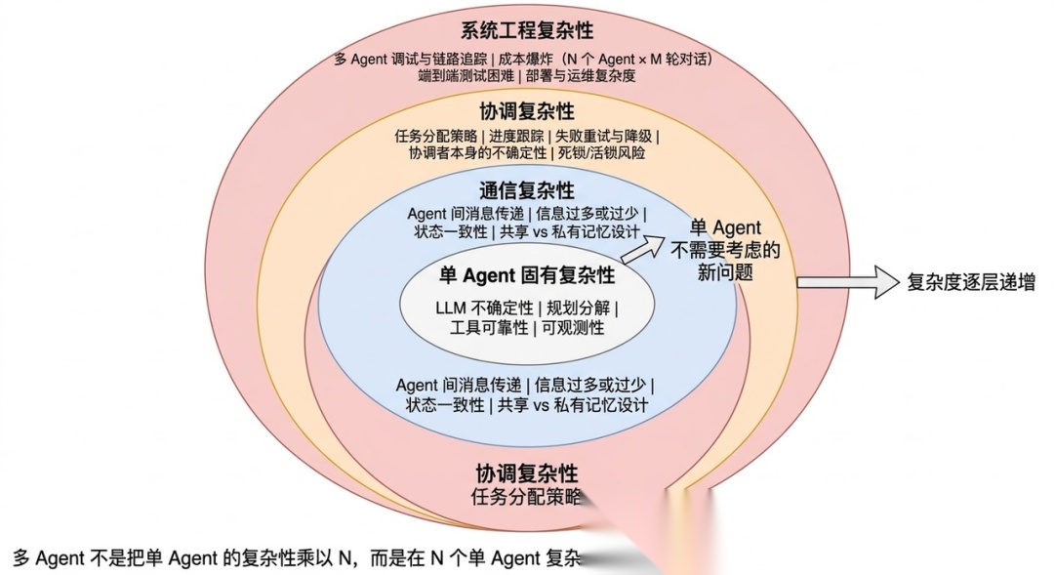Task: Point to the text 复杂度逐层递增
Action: click(971, 283)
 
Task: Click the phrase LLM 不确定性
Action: click(485, 308)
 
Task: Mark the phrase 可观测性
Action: click(573, 328)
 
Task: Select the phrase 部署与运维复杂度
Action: click(581, 76)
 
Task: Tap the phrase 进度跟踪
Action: click(516, 136)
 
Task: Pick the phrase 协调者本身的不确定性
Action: click(475, 153)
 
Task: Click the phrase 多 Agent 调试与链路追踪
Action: click(419, 59)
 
